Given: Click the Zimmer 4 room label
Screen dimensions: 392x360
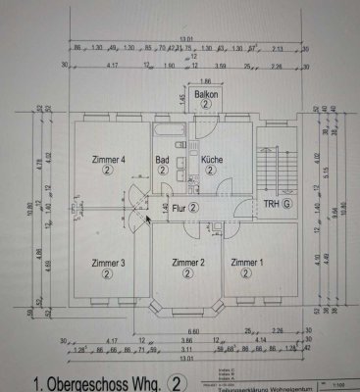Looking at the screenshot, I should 109,160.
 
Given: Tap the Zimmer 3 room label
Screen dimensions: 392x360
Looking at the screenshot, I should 109,263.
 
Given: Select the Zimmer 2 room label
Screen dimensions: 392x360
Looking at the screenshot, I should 187,263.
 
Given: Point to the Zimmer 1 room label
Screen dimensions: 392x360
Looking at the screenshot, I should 246,263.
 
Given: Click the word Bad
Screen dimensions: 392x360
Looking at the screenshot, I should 163,159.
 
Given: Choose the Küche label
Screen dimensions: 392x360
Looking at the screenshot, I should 213,159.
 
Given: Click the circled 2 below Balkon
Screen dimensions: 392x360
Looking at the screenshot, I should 205,102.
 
